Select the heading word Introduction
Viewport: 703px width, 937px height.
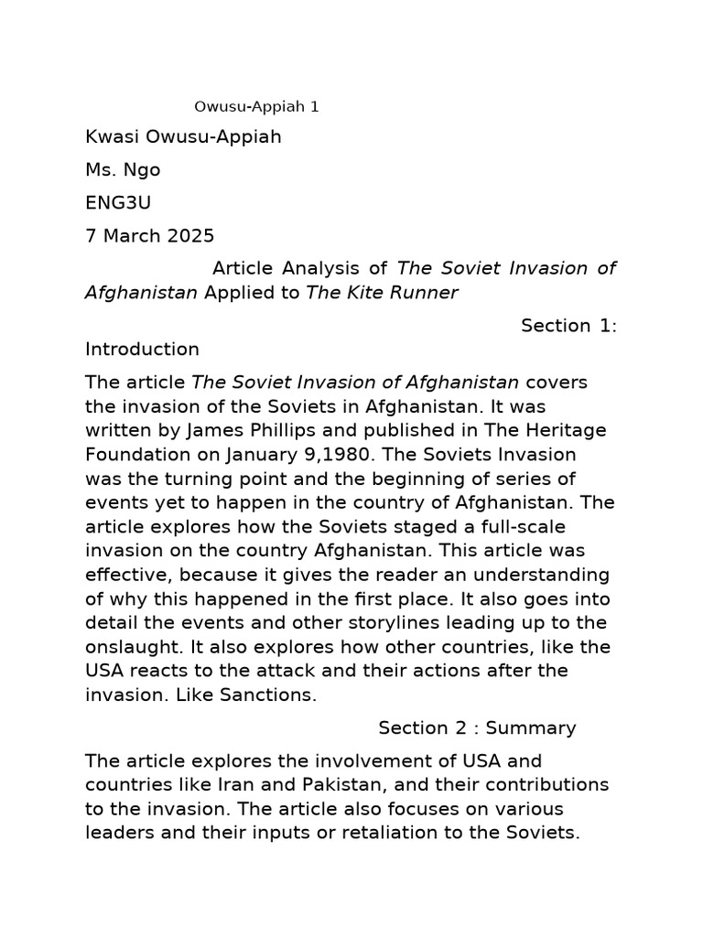coord(142,349)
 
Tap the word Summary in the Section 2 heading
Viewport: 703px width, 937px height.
coord(531,728)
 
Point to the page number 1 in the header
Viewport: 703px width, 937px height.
coord(315,107)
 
